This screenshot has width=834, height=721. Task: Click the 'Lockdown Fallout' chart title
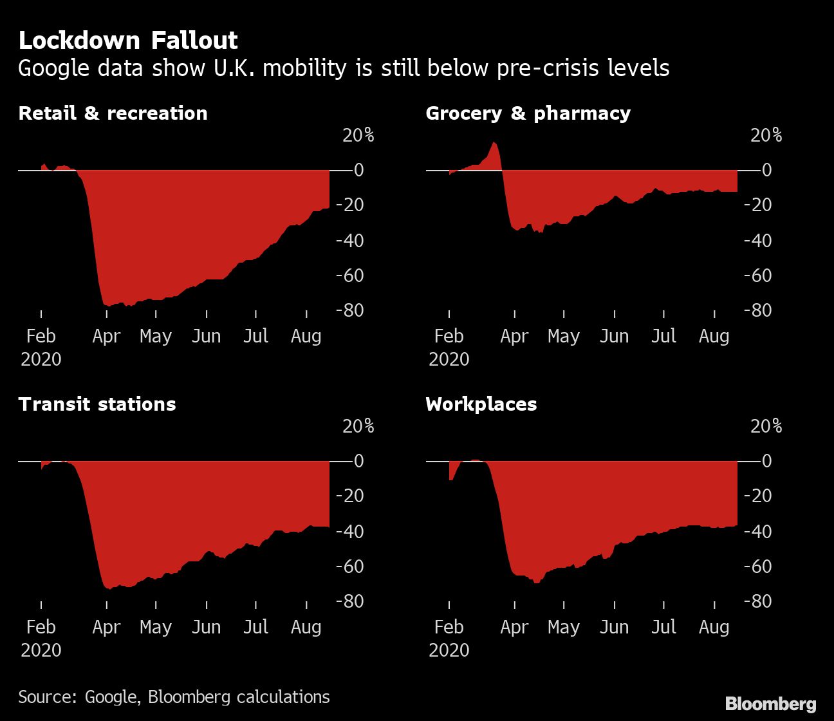128,41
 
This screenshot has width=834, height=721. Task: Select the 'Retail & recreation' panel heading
113,113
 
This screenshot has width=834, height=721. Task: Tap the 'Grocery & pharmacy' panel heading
528,113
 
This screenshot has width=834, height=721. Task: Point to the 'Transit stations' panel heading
97,404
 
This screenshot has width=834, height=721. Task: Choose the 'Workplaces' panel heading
481,404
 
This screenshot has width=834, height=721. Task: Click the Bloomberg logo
770,704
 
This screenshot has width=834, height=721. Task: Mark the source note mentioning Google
174,697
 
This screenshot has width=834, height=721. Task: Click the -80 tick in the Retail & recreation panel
349,310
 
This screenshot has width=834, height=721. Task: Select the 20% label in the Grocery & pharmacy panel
766,135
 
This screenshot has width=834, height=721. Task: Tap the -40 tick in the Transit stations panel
349,532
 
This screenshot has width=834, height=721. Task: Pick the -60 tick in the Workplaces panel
757,566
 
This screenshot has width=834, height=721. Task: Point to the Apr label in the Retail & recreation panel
106,336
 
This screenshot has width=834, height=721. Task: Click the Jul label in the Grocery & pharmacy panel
663,336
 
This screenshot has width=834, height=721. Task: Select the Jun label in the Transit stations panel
206,627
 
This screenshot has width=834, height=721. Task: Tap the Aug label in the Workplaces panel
714,627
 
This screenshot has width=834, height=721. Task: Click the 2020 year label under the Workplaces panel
449,650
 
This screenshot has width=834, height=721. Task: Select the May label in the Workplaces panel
563,627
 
